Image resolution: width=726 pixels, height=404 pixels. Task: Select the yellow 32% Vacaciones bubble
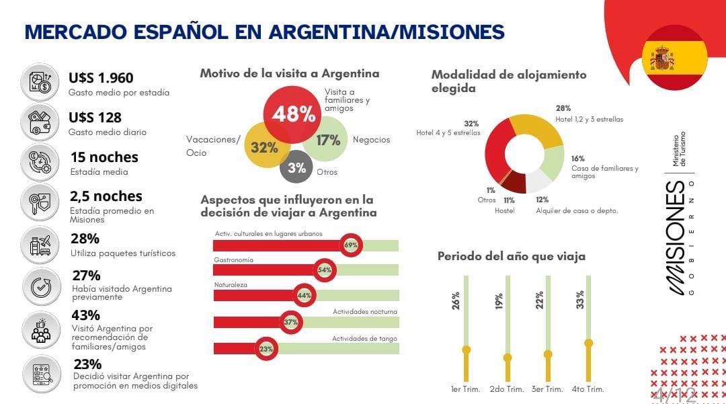(x=264, y=147)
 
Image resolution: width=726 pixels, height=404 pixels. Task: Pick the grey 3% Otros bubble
(x=296, y=168)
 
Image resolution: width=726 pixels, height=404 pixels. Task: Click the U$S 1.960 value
(x=101, y=78)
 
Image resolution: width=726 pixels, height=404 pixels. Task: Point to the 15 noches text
(x=104, y=157)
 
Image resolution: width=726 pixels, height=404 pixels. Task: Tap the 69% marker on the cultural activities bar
(x=351, y=245)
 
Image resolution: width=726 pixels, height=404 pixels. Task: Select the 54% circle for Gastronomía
(x=325, y=270)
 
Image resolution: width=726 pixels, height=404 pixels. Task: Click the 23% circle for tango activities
(x=266, y=349)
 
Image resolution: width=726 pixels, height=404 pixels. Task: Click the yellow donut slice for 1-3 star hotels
(x=538, y=131)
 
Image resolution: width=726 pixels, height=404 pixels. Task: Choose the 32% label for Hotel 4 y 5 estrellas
(x=471, y=124)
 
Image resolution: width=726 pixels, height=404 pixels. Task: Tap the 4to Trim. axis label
(x=588, y=389)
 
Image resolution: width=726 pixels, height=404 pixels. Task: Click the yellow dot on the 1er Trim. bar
(x=466, y=350)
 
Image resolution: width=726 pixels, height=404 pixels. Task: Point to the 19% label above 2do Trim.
(x=499, y=300)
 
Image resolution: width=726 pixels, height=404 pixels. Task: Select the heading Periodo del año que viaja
(x=511, y=256)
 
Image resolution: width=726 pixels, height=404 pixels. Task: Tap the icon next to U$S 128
(x=40, y=121)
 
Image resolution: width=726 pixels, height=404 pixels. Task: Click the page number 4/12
(x=674, y=394)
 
